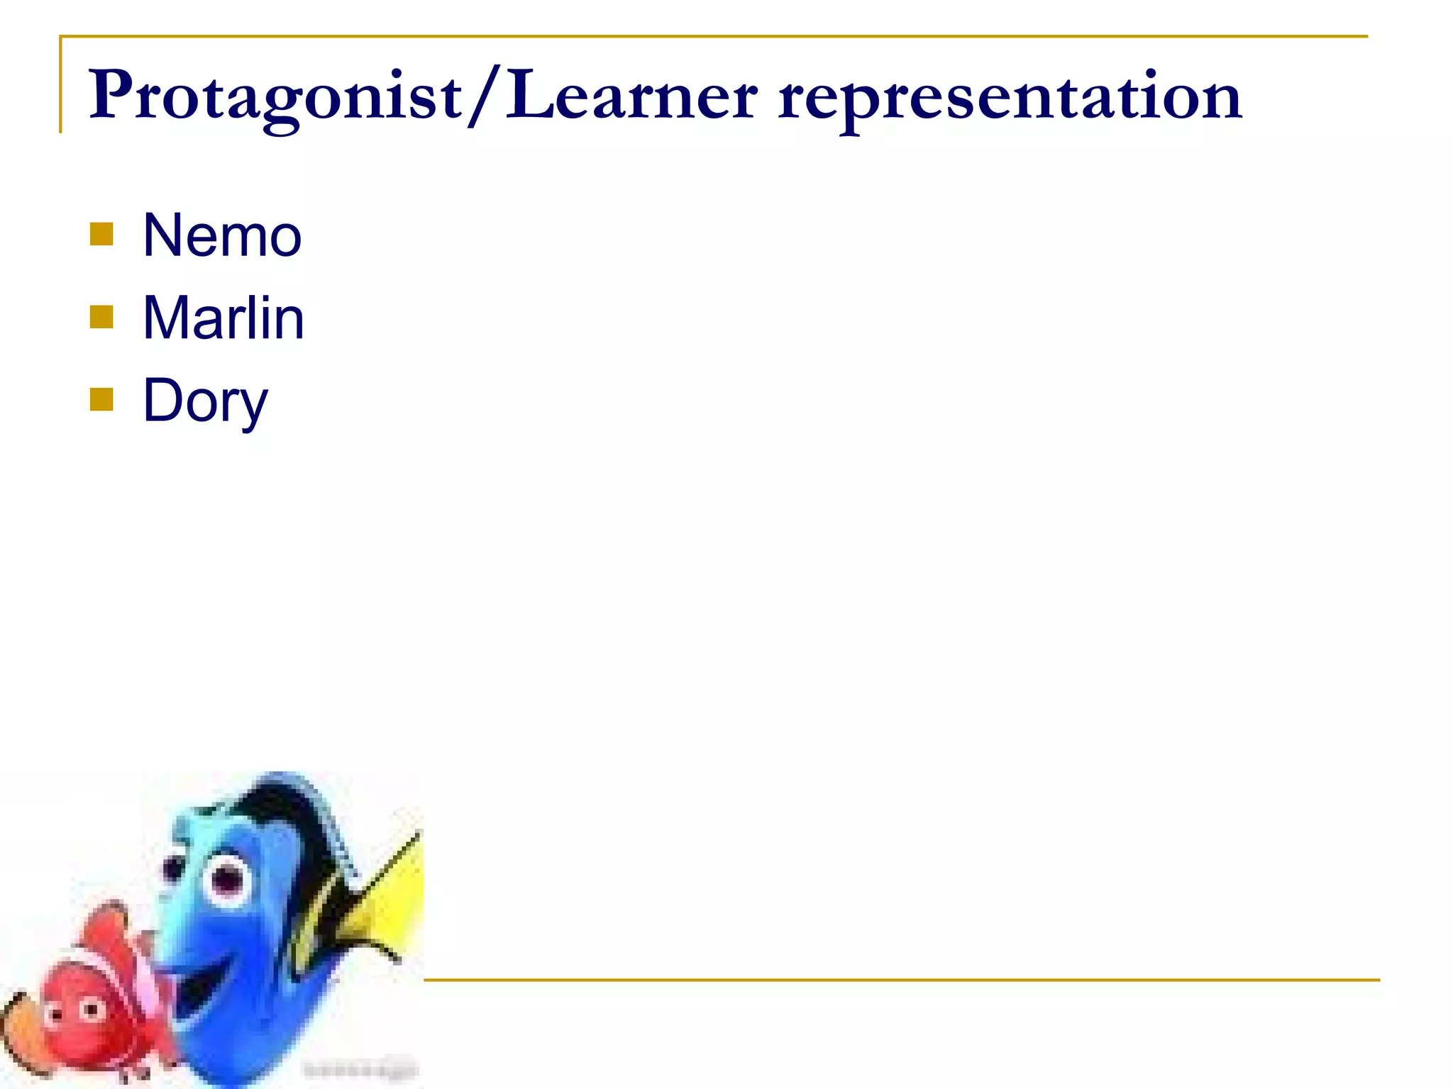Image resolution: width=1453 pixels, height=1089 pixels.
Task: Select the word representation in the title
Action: (x=1010, y=99)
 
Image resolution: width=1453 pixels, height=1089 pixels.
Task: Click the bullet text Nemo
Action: (x=222, y=235)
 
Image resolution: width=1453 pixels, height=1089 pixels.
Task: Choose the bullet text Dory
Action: (x=206, y=401)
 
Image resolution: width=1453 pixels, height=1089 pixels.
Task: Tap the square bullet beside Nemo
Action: (x=102, y=235)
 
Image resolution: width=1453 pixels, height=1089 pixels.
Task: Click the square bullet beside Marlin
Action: (x=102, y=317)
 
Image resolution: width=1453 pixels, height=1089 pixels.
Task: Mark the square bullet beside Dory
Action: (x=102, y=399)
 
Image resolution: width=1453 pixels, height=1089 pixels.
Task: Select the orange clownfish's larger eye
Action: (x=91, y=1008)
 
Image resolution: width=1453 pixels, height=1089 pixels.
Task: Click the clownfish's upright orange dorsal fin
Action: (x=110, y=922)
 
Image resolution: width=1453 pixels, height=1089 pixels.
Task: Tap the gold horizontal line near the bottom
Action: (x=901, y=980)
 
